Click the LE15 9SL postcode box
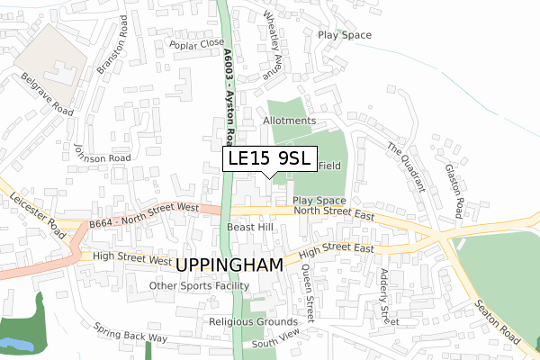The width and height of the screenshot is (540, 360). pyautogui.click(x=269, y=159)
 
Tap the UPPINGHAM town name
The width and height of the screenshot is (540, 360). pyautogui.click(x=229, y=265)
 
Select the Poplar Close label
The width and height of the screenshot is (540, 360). pyautogui.click(x=196, y=42)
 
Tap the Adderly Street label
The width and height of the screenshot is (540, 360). pyautogui.click(x=387, y=297)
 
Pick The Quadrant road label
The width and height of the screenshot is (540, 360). pyautogui.click(x=405, y=166)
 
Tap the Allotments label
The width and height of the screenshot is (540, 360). pyautogui.click(x=289, y=120)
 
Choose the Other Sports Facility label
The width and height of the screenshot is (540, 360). pyautogui.click(x=199, y=286)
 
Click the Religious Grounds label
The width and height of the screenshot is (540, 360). pyautogui.click(x=253, y=321)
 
